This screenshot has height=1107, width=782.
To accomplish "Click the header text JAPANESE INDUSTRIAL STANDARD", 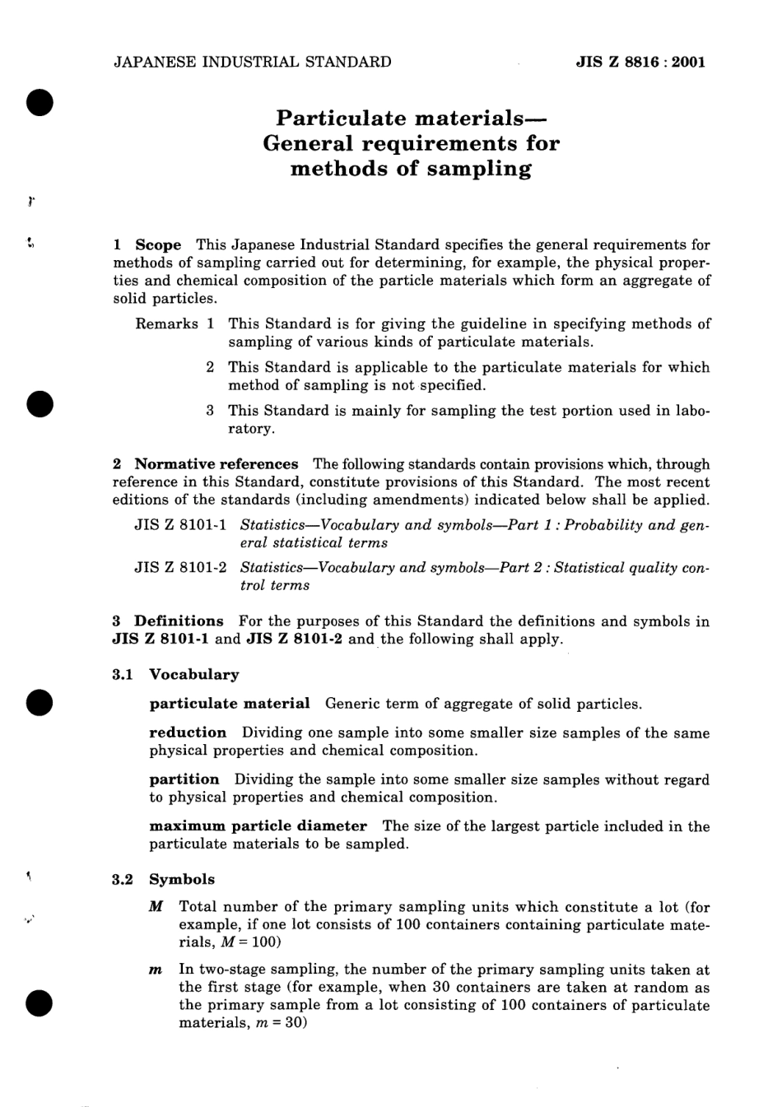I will [x=252, y=62].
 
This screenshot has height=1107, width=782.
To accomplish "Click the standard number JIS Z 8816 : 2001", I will [x=640, y=62].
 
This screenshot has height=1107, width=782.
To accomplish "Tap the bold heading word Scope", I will [x=158, y=244].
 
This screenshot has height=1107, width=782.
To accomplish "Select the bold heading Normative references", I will [x=216, y=464].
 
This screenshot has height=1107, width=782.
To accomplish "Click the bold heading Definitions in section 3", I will [x=179, y=621].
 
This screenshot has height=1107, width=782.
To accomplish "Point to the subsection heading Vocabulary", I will [x=193, y=675].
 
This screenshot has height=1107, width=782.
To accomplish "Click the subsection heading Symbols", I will [x=181, y=879].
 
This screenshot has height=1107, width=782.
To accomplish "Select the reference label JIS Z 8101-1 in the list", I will [x=180, y=525].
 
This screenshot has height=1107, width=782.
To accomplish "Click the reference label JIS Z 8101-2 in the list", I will [x=180, y=568].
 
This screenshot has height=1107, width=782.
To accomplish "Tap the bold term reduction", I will [x=188, y=733].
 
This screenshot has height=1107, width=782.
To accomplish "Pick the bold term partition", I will [x=184, y=779].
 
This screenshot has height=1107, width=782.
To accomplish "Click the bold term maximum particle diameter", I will [x=258, y=826].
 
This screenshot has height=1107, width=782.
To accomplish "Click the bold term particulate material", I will [x=230, y=704].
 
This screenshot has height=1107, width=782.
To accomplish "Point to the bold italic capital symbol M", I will [x=156, y=907].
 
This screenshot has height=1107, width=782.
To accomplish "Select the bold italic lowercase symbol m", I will [x=156, y=970].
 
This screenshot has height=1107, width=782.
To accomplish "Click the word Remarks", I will [x=166, y=324].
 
